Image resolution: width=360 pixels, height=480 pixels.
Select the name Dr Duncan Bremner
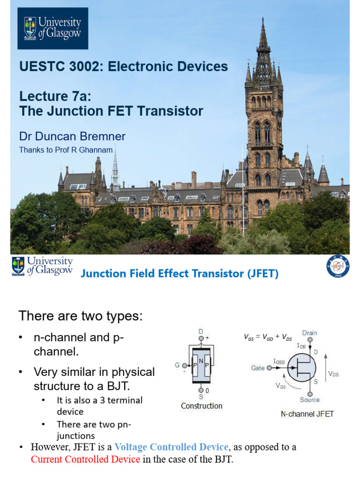point(72,136)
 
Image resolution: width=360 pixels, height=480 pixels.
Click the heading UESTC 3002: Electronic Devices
point(123,67)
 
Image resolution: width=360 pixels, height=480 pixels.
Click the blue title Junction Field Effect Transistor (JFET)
point(180,274)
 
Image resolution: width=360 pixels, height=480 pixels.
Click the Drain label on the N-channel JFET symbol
point(309,333)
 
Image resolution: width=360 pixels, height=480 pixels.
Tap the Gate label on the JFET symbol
point(257,368)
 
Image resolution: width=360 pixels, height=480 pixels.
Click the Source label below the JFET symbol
point(309,400)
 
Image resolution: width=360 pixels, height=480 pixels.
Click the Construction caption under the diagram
point(202,406)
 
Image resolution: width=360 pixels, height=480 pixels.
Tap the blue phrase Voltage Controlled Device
point(172,447)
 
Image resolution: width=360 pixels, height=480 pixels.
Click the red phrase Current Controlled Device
point(85,459)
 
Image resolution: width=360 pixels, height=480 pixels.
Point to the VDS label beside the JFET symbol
point(333,374)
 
